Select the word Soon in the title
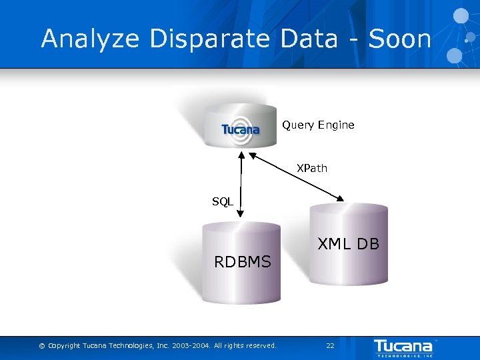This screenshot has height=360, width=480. [x=400, y=39]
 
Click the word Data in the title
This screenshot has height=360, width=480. [x=309, y=39]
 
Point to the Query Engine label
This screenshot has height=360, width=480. [x=318, y=125]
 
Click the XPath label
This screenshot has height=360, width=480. [x=312, y=168]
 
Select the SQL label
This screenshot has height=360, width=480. [x=223, y=201]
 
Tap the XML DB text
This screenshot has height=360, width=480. [x=348, y=244]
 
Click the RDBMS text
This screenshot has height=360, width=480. [x=243, y=262]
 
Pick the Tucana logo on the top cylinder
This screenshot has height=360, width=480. [x=241, y=129]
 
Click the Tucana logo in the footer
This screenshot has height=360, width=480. [x=403, y=347]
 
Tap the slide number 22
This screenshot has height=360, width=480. [x=330, y=345]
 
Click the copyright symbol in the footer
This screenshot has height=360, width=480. [x=42, y=345]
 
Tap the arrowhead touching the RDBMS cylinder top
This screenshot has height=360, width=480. [x=241, y=215]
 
